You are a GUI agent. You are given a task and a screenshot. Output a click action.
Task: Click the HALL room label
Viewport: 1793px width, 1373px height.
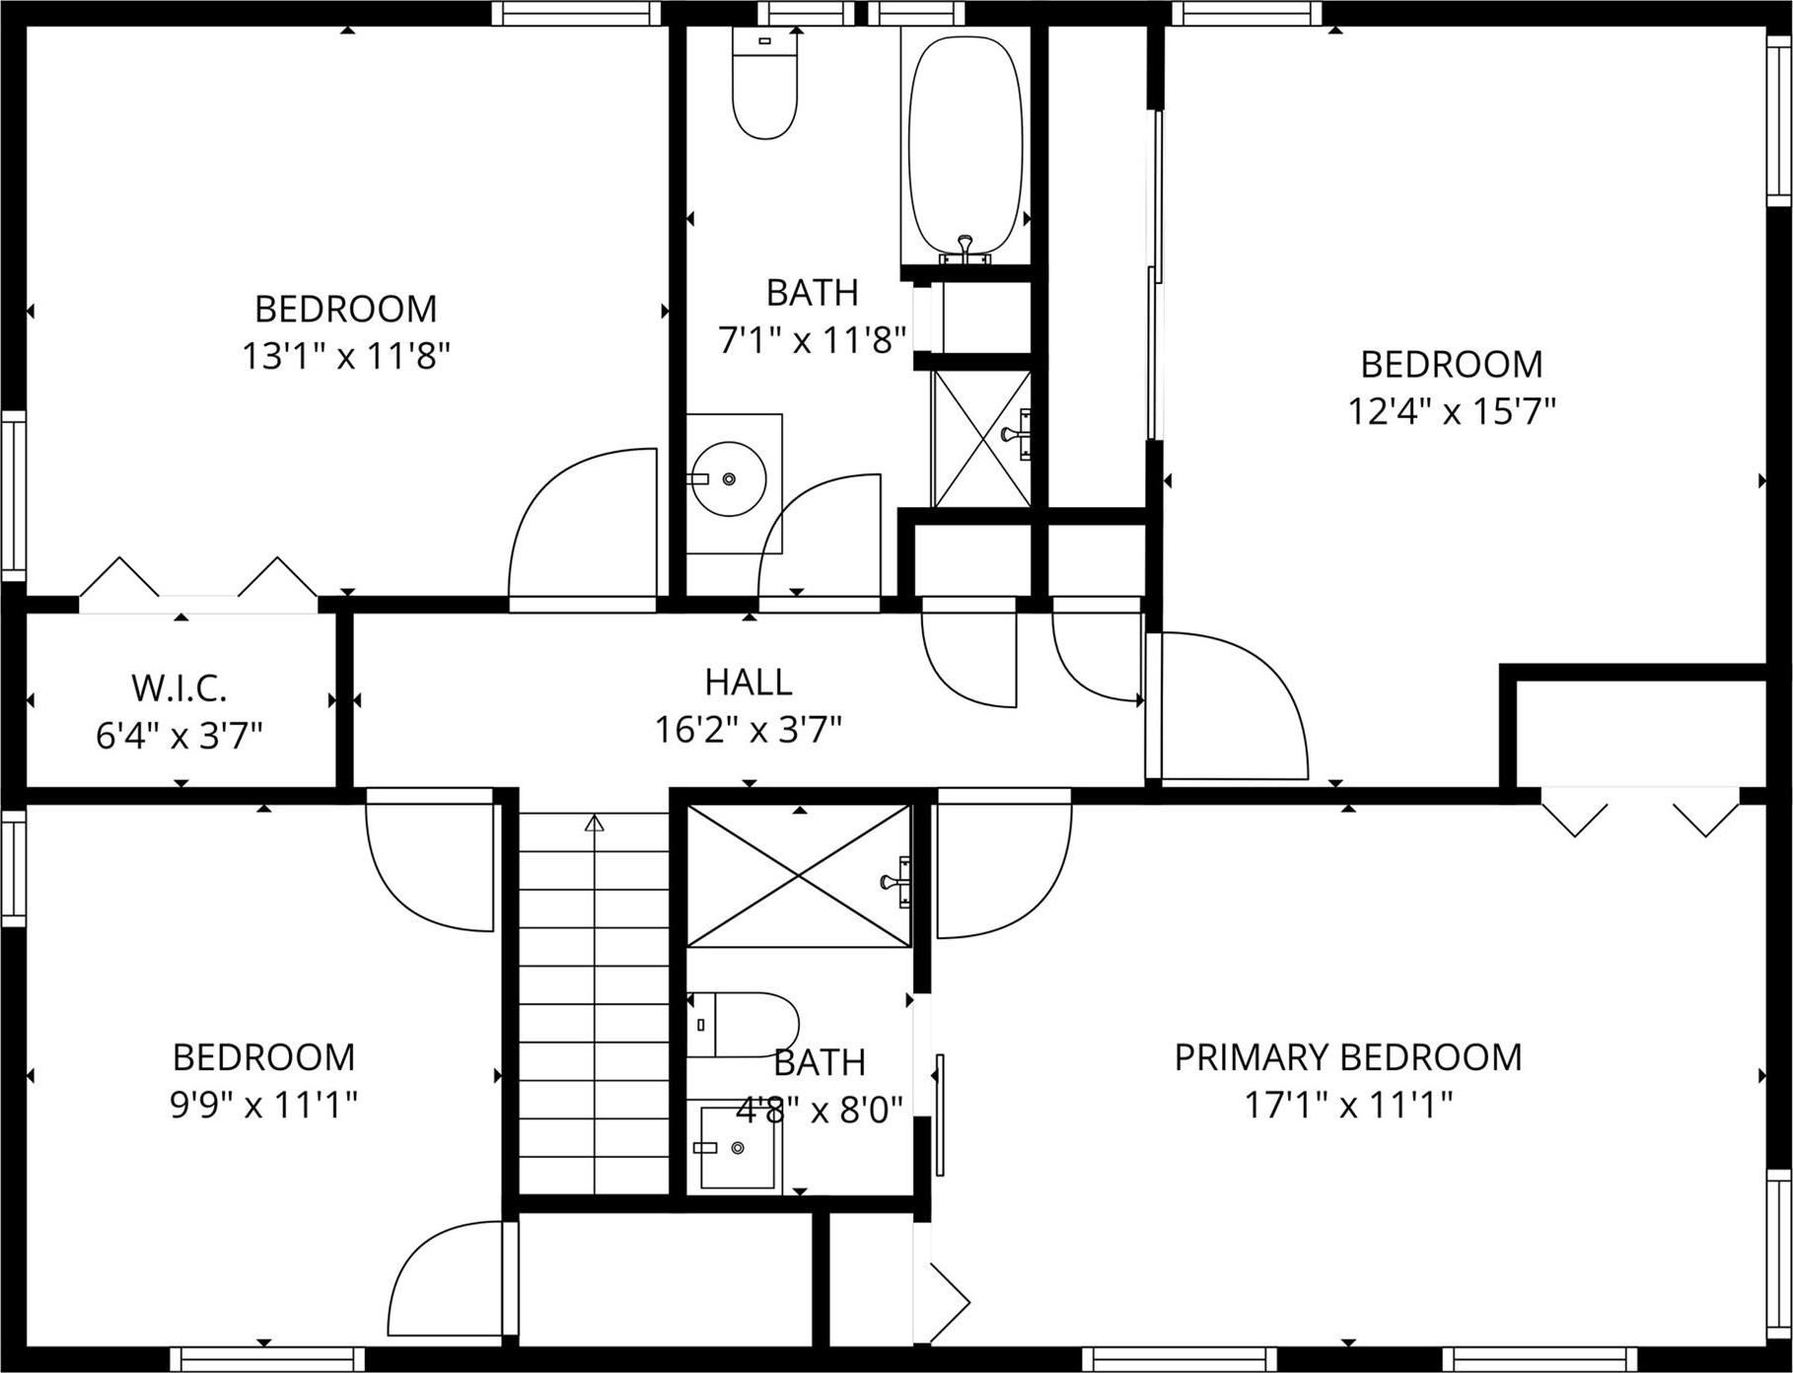748,682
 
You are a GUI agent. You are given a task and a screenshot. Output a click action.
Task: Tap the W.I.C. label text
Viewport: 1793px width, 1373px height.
179,687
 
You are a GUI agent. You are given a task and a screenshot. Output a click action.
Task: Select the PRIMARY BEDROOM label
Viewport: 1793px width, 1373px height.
1347,1057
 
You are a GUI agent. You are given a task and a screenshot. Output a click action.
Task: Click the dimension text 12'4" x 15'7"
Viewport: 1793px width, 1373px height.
1451,411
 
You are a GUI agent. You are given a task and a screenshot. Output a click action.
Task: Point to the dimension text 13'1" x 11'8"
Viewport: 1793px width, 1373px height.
345,355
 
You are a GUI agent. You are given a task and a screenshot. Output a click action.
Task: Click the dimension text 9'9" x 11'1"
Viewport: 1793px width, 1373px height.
263,1105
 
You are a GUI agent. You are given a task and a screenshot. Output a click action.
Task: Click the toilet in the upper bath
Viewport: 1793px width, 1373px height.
764,84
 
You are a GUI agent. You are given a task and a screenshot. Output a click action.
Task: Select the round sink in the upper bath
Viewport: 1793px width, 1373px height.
728,478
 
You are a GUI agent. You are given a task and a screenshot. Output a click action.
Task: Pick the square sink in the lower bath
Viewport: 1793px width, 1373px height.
737,1147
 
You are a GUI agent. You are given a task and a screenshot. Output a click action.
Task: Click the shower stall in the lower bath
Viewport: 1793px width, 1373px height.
798,876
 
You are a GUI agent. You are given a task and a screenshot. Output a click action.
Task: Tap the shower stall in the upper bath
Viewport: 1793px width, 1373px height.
981,439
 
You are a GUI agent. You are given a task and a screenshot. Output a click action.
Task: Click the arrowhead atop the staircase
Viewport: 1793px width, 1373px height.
594,823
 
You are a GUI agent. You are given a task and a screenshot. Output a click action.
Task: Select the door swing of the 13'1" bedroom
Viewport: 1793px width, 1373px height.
582,523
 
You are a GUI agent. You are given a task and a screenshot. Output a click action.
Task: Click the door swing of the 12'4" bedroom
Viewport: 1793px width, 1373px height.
1233,705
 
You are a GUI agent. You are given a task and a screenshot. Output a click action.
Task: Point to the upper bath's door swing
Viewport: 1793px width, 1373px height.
819,538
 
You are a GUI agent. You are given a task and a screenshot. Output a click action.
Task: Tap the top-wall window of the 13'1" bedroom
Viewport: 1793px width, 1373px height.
575,13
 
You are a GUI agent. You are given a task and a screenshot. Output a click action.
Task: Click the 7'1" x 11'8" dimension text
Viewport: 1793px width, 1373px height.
811,340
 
